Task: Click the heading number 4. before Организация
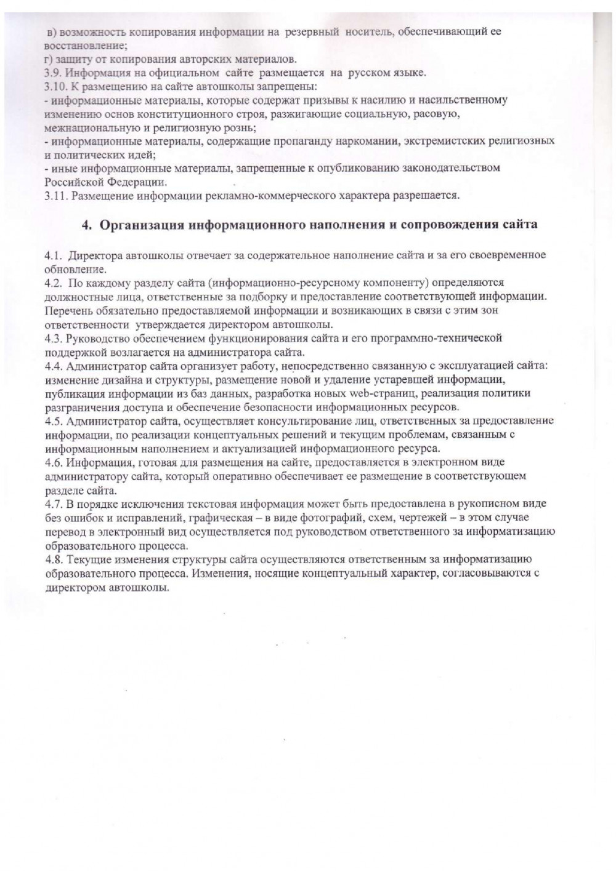point(87,225)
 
